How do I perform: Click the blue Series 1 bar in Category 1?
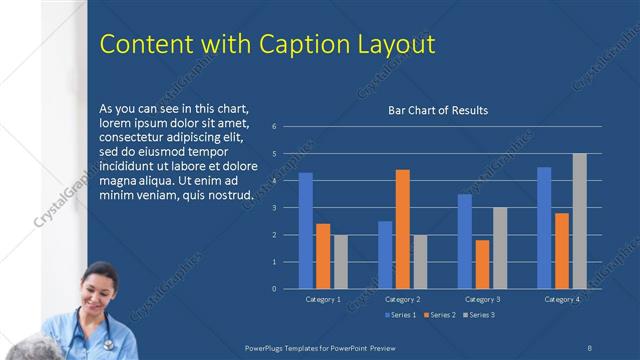coord(305,231)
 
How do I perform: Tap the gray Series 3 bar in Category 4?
coord(579,221)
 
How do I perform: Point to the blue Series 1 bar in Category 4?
coord(544,228)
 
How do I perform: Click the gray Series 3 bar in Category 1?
coord(340,262)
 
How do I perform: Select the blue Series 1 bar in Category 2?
coord(385,255)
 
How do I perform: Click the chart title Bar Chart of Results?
coord(438,111)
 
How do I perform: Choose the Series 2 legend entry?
coord(440,315)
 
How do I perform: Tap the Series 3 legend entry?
coord(478,315)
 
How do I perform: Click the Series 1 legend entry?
coord(402,315)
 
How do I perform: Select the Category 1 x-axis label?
coord(323,299)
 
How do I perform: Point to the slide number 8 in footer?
coord(590,346)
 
